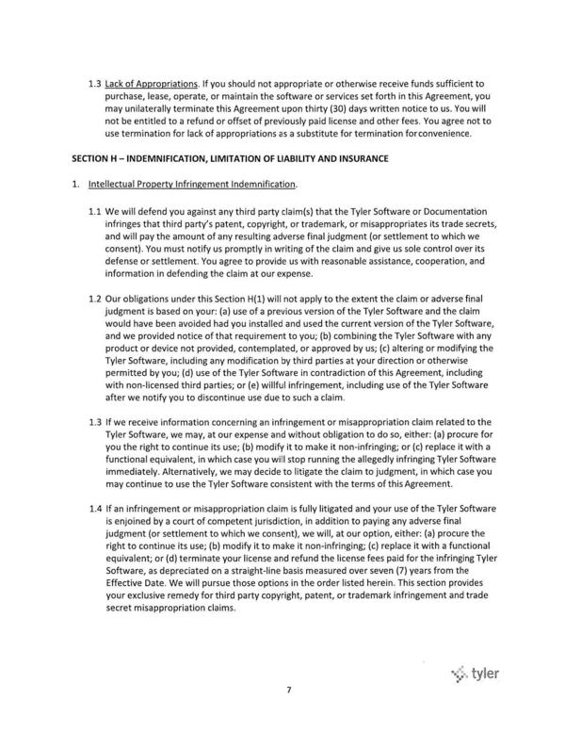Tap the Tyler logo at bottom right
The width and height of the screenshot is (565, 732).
(x=476, y=674)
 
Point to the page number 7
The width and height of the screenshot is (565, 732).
(x=290, y=716)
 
